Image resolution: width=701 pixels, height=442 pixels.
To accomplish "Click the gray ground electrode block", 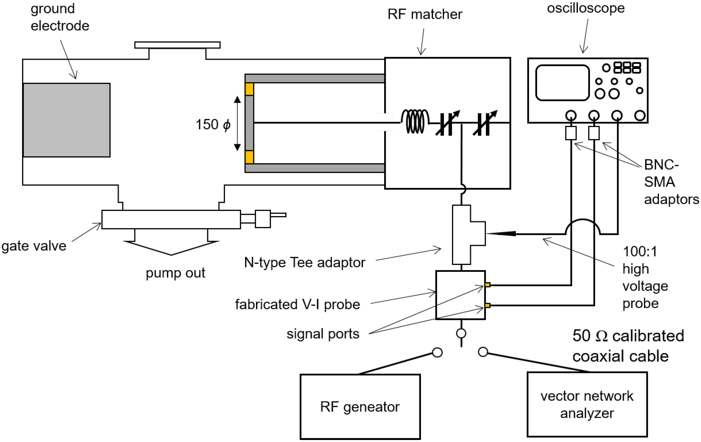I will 66,120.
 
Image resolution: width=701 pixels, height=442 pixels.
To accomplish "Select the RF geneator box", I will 360,406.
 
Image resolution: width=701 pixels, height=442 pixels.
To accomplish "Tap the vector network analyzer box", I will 587,404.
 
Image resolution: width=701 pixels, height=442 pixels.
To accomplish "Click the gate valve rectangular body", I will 171,219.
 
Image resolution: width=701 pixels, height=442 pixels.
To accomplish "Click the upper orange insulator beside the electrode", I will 249,89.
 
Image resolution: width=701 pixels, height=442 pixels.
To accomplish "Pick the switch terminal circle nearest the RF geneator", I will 437,353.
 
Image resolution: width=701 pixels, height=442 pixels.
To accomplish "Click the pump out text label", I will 175,273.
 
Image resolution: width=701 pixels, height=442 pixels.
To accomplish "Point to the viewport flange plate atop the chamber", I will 177,45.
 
